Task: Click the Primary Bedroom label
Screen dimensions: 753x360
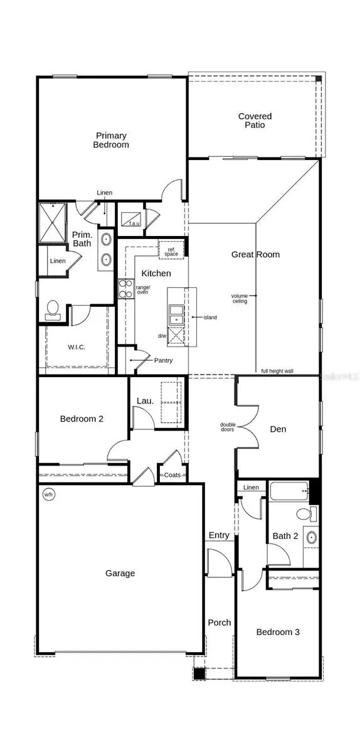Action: (x=112, y=140)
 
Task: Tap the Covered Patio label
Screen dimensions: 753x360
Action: (x=255, y=120)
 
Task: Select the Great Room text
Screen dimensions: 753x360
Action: (x=255, y=254)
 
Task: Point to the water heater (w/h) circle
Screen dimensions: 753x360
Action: (x=48, y=494)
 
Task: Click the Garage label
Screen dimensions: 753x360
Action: (x=120, y=573)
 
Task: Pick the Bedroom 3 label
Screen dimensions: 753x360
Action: (x=278, y=632)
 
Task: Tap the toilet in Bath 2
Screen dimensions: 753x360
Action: (x=304, y=515)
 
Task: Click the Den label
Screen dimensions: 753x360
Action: (x=278, y=429)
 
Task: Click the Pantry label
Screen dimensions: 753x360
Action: (x=163, y=360)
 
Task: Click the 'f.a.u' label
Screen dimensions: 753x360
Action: (x=134, y=223)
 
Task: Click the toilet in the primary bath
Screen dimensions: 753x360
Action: (x=53, y=309)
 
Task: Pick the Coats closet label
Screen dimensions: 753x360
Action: (x=172, y=475)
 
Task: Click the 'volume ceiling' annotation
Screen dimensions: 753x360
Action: (x=240, y=298)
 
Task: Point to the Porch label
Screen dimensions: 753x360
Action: (x=220, y=622)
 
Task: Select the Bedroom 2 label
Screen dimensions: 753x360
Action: (x=82, y=419)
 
